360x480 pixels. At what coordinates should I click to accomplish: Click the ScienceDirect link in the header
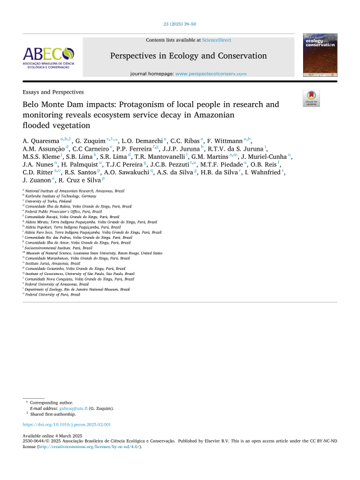coord(216,39)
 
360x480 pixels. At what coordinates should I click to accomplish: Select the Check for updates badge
coord(311,97)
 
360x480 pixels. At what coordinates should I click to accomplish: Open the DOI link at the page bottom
coord(66,424)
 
